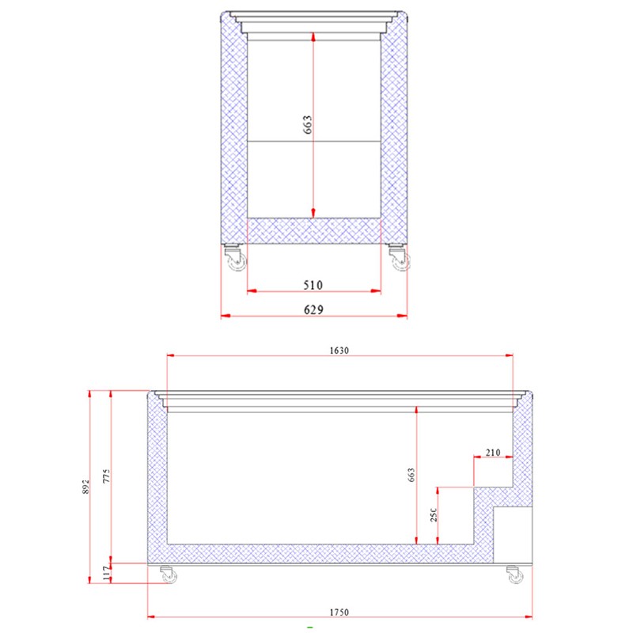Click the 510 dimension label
(x=313, y=285)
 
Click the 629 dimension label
(x=313, y=309)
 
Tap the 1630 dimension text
(x=339, y=350)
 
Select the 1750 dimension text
(x=339, y=612)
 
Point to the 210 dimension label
(x=493, y=453)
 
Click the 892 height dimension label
(x=85, y=487)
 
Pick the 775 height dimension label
(x=106, y=476)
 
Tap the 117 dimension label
(x=107, y=573)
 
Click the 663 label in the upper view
(x=307, y=124)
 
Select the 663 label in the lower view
(x=411, y=475)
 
